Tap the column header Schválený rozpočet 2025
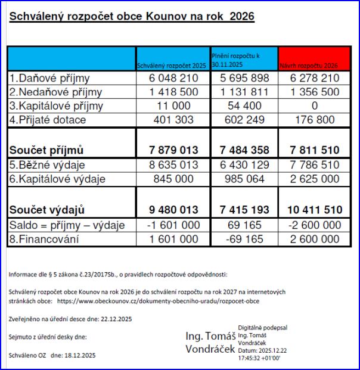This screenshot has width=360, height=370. pos(171,65)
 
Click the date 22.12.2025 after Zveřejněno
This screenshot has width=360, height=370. pos(113,319)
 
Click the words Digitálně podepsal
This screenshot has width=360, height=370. pos(263,328)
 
